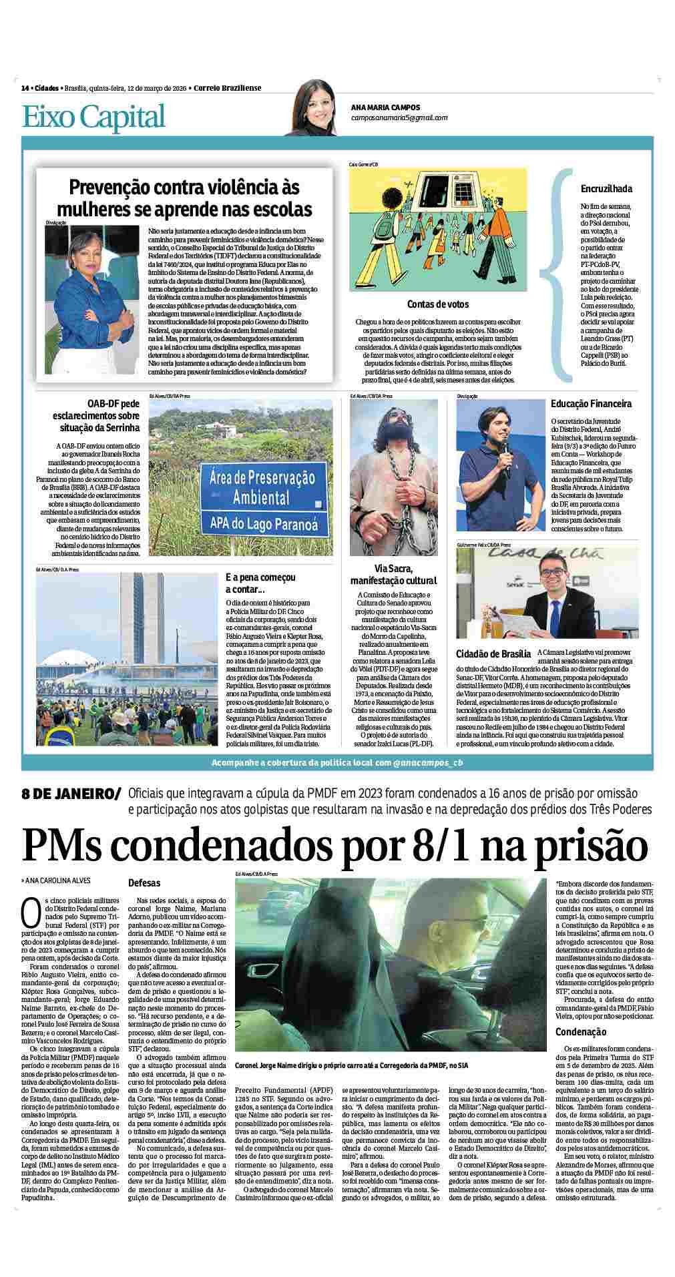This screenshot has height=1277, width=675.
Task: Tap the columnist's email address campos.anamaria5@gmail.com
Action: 399,117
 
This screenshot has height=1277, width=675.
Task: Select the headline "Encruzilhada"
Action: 606,189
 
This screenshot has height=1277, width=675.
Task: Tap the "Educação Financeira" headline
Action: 591,404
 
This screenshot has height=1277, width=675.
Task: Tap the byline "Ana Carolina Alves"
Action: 58,880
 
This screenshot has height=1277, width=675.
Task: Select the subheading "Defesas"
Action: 144,882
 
